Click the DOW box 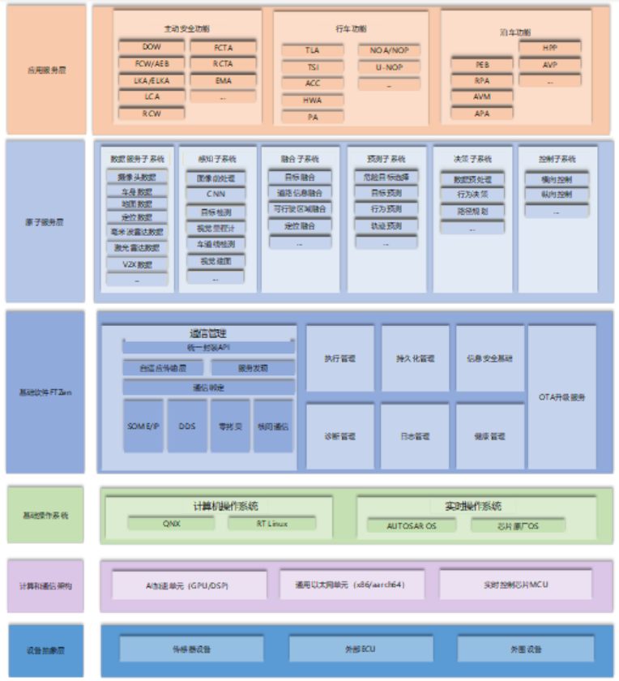point(152,47)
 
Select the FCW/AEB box point(152,64)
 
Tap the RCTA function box point(223,64)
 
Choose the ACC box point(313,84)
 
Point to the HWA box point(313,101)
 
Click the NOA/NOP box point(389,50)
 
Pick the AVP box point(550,65)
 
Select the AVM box point(482,97)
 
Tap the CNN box point(216,195)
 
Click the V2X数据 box point(137,264)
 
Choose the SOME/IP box point(143,426)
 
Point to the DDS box point(186,426)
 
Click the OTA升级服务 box point(562,397)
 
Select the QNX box point(171,524)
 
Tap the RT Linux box point(271,524)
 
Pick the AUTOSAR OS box point(412,525)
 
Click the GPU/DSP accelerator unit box point(189,585)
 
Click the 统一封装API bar point(208,347)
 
